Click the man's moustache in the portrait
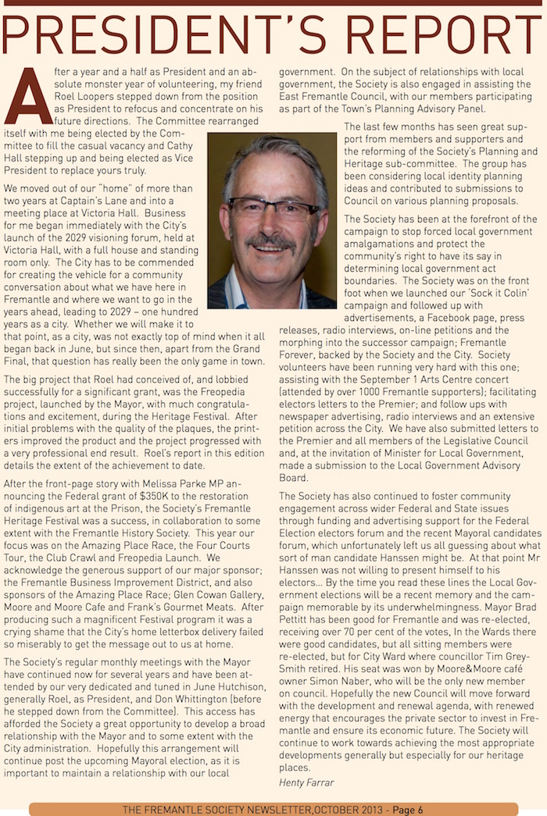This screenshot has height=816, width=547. pos(271,241)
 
